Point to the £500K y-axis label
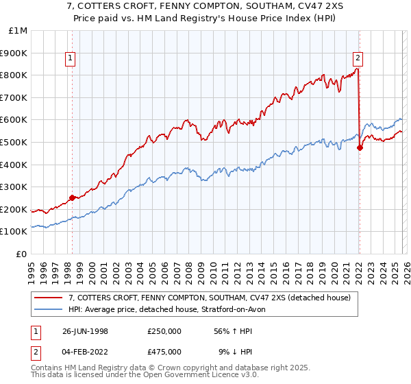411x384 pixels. click(15, 143)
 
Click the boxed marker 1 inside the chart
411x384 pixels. click(72, 59)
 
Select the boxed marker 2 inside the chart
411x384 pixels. click(358, 59)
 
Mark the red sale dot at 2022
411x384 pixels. click(360, 148)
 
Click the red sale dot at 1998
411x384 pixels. click(73, 198)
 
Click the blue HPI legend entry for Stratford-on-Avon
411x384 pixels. click(171, 309)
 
